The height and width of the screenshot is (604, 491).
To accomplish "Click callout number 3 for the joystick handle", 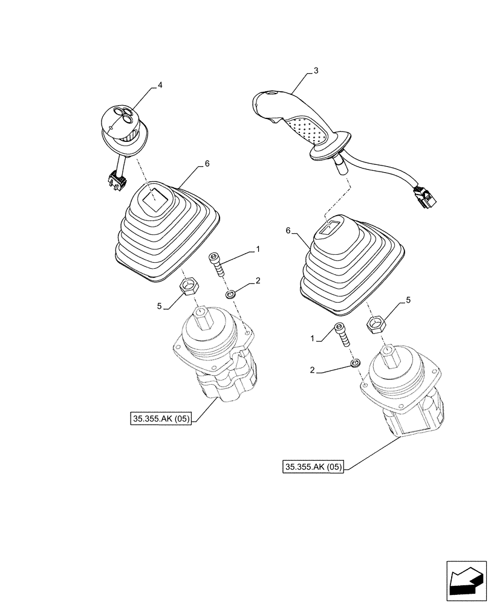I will tap(316, 71).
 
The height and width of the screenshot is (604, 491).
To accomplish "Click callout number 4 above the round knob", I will tap(160, 86).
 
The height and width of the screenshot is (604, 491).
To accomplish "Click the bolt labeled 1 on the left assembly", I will tap(217, 265).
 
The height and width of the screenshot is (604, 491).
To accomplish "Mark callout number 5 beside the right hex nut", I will tap(408, 299).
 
